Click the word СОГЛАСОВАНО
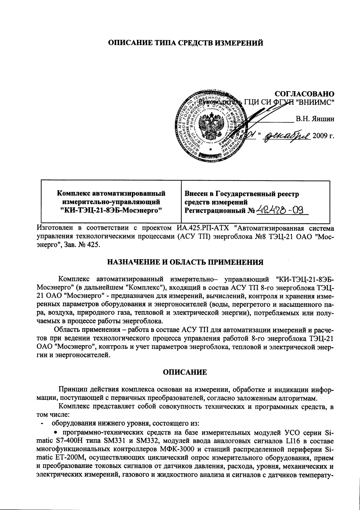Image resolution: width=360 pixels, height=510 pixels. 304,94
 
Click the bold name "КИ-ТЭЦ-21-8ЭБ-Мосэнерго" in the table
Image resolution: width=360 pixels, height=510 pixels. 111,210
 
